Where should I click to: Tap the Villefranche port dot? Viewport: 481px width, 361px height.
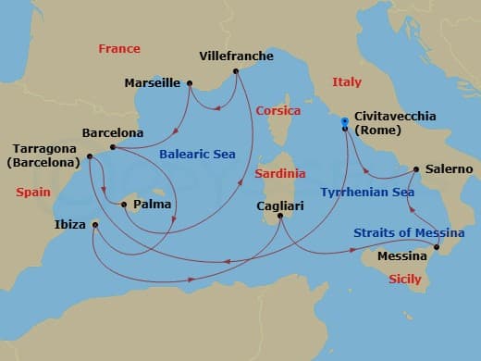click(236, 70)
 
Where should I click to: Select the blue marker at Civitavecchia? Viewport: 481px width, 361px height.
click(344, 122)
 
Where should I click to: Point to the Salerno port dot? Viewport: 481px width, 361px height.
click(416, 169)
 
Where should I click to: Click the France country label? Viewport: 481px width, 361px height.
click(119, 48)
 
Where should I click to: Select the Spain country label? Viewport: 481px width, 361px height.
click(32, 192)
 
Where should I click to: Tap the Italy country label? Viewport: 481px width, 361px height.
click(347, 82)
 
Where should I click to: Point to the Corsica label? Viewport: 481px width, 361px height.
click(277, 109)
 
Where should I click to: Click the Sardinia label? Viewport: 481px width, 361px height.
click(280, 173)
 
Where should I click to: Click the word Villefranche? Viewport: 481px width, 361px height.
click(237, 56)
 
